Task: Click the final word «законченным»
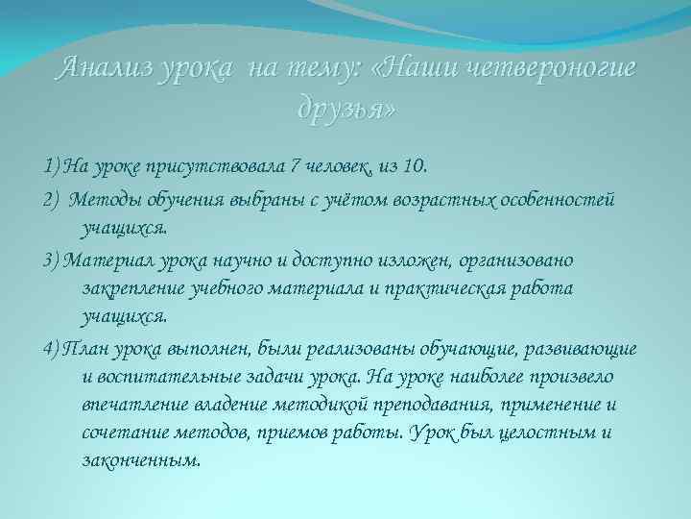[142, 460]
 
